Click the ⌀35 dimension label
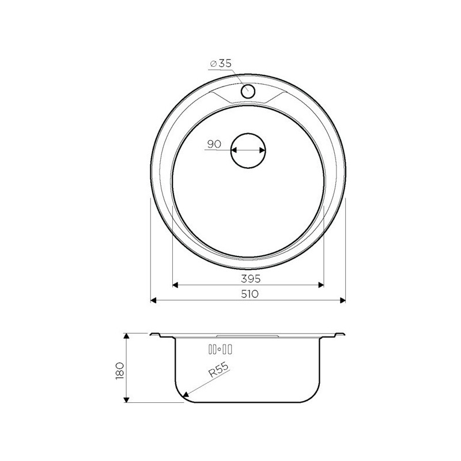click(x=221, y=63)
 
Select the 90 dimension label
click(x=214, y=144)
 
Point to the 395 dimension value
click(x=251, y=278)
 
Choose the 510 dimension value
click(x=250, y=294)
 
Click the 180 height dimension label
click(x=120, y=371)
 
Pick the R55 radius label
click(x=218, y=369)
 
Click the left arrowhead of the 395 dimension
click(x=175, y=285)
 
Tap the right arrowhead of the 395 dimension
click(x=321, y=285)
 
